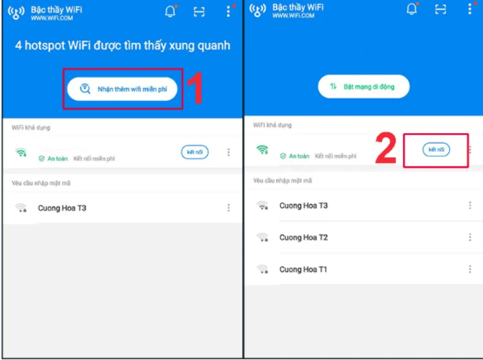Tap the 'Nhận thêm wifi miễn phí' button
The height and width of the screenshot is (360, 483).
point(122,89)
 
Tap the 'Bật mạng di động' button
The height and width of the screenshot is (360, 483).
point(364,86)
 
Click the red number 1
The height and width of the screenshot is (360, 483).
point(195,89)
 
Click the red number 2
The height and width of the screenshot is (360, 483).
point(386,148)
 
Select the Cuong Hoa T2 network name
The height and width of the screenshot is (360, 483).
point(303,238)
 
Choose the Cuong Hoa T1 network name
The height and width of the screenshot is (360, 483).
point(303,269)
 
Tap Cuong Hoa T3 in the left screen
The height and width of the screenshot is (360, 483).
point(62,208)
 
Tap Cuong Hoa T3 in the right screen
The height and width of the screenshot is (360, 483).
point(303,205)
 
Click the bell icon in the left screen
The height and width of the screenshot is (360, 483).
point(170,11)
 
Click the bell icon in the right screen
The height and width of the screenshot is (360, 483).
point(412,9)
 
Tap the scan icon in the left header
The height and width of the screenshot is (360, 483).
point(199,12)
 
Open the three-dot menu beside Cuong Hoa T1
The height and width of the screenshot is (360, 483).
point(470,269)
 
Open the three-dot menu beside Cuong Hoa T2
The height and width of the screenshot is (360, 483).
point(470,238)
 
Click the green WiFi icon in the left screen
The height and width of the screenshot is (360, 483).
point(21,152)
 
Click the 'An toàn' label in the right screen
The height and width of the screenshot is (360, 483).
point(299,156)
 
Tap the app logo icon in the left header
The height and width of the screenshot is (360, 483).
point(16,12)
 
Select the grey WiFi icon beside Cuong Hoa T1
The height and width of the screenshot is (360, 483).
point(262,269)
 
